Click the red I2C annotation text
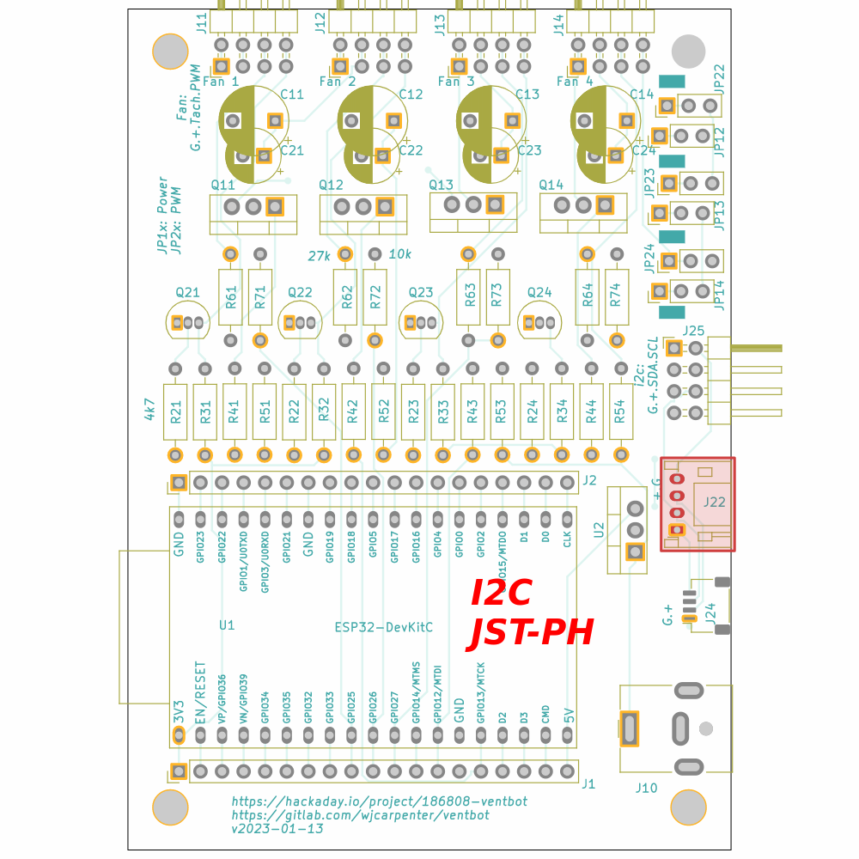pyautogui.click(x=502, y=593)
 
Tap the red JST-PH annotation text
pyautogui.click(x=532, y=634)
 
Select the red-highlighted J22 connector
pyautogui.click(x=698, y=504)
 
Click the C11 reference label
pyautogui.click(x=292, y=94)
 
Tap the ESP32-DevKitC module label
pyautogui.click(x=383, y=627)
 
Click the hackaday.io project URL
pyautogui.click(x=379, y=801)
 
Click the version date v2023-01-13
pyautogui.click(x=277, y=829)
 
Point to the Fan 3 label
pyautogui.click(x=455, y=82)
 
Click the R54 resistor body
pyautogui.click(x=620, y=411)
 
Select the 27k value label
pyautogui.click(x=320, y=255)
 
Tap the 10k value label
pyautogui.click(x=400, y=254)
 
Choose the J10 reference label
pyautogui.click(x=646, y=788)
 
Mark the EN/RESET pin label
pyautogui.click(x=201, y=691)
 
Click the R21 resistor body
pyautogui.click(x=175, y=411)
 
